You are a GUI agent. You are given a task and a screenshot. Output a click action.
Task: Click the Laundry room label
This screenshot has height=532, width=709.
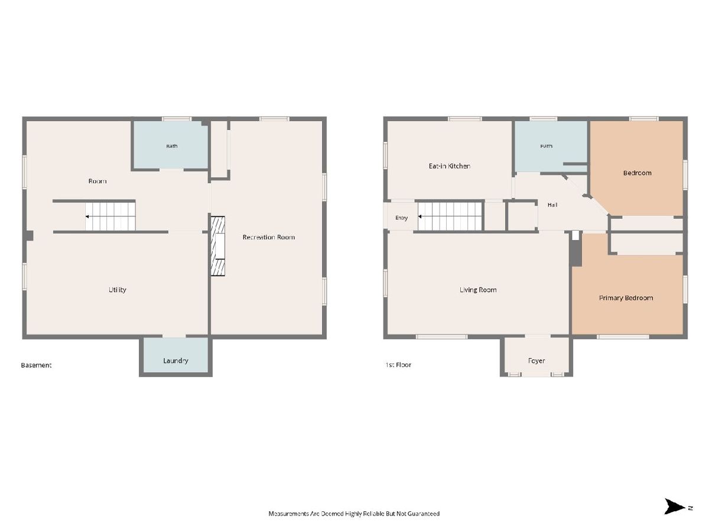coord(175,361)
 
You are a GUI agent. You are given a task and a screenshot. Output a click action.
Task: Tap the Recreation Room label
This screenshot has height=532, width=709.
coord(268,237)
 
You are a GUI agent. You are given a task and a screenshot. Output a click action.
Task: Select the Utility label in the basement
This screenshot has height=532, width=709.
coord(117,290)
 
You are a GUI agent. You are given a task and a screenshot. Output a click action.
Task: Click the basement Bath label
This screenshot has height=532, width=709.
coord(172,146)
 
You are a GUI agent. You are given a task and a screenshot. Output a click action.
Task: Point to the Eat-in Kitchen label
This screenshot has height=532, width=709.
coord(449,166)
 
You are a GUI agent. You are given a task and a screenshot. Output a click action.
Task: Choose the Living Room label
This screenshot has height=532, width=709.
coord(478,290)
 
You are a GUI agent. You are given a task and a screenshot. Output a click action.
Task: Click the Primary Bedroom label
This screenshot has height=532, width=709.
coord(626,298)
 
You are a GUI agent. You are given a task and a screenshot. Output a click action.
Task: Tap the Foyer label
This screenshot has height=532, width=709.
coord(536,361)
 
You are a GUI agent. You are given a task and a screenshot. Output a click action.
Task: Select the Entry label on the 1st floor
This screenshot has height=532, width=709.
coord(402,218)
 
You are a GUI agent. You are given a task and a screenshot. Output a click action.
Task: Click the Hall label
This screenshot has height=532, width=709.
coord(552,205)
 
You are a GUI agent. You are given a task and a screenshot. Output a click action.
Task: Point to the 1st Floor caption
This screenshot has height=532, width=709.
coord(398,365)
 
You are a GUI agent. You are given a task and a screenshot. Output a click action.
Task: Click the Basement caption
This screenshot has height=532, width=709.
coord(36,365)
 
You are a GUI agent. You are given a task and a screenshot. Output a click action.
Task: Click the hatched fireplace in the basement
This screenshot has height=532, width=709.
coord(217,246)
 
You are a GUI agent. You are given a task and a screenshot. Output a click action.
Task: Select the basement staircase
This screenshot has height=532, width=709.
coord(110,216)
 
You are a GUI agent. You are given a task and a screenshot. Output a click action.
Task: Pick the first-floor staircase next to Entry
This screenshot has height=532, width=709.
coord(450,216)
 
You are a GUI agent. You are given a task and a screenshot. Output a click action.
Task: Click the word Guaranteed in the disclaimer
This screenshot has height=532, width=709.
coord(424,514)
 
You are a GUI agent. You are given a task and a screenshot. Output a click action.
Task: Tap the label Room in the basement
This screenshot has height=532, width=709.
coord(97,181)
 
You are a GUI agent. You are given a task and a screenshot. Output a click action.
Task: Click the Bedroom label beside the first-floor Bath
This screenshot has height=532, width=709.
coord(637,173)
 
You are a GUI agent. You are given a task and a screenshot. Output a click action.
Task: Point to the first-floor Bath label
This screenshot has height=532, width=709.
coord(546,146)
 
